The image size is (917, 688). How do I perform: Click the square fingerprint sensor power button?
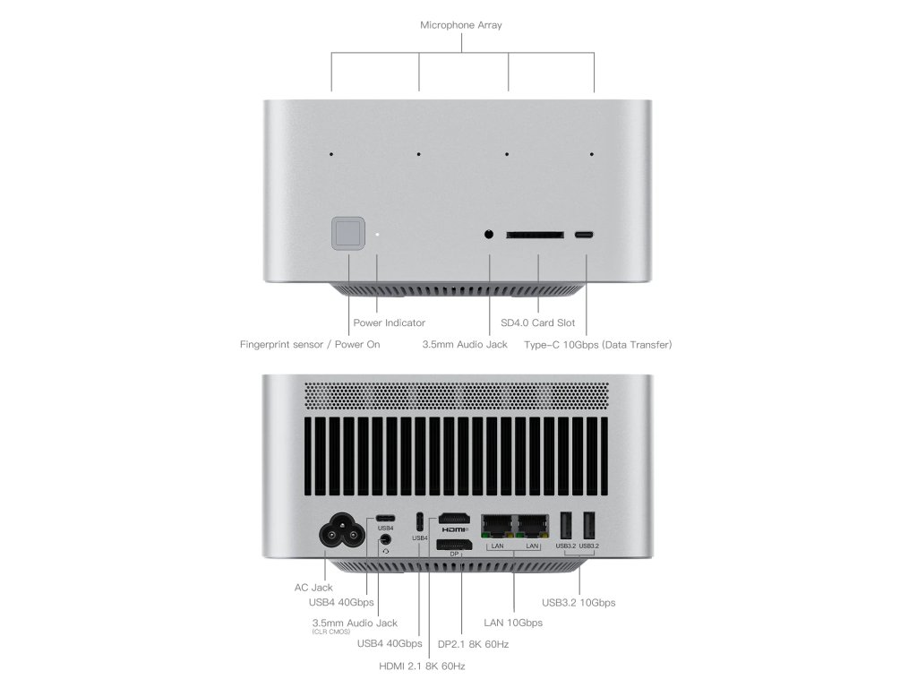click(x=348, y=235)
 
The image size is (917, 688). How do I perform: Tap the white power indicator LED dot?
click(x=377, y=236)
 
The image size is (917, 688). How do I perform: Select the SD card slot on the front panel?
click(x=535, y=236)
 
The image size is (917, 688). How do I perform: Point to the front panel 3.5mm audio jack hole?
click(x=489, y=235)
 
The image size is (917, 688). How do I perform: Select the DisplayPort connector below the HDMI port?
click(x=454, y=546)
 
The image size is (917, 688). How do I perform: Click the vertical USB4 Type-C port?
click(x=420, y=521)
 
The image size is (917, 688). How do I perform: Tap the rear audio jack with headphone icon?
click(x=385, y=541)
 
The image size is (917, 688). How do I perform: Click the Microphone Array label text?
click(x=461, y=25)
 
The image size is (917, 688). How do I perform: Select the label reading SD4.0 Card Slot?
click(x=539, y=322)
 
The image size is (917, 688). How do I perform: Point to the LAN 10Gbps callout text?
click(x=513, y=623)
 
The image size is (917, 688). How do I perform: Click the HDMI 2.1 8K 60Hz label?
click(x=422, y=666)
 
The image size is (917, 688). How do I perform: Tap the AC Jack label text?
click(x=313, y=588)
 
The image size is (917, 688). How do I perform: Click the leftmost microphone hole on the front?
click(x=331, y=154)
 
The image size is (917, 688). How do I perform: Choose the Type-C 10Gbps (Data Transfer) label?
click(x=598, y=344)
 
